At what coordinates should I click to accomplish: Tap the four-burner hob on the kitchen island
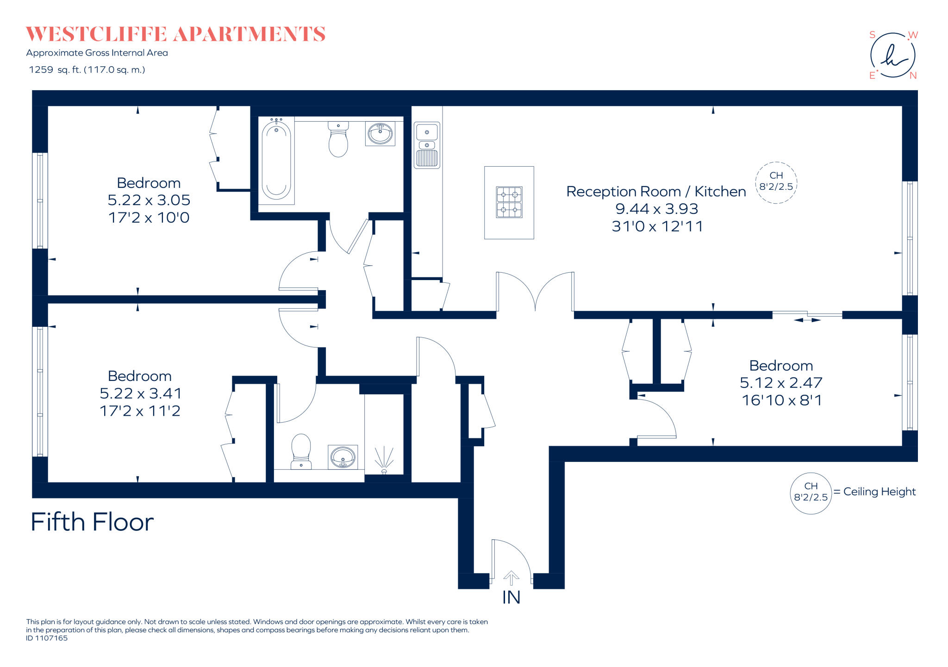click(x=509, y=202)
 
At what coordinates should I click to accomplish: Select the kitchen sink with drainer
click(x=427, y=145)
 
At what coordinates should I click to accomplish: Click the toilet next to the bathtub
click(x=338, y=140)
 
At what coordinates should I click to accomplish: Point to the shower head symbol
click(x=384, y=460)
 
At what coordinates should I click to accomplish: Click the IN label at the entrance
click(x=511, y=598)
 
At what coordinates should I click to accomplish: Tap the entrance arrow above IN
click(x=511, y=578)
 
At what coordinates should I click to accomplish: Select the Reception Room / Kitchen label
click(x=656, y=192)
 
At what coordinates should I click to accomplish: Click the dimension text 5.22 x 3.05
click(x=149, y=200)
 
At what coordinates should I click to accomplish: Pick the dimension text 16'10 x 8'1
click(x=781, y=400)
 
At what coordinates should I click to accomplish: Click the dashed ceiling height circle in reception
click(x=776, y=182)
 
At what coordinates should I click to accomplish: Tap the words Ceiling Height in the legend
click(x=879, y=492)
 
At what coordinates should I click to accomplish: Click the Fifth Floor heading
click(x=92, y=522)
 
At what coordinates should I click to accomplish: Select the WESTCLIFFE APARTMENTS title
click(x=175, y=34)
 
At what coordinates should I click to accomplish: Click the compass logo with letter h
click(x=892, y=56)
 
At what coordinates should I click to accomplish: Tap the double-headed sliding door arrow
click(x=807, y=320)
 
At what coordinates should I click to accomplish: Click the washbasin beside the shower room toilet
click(x=343, y=457)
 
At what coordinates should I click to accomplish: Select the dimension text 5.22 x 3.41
click(x=141, y=393)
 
